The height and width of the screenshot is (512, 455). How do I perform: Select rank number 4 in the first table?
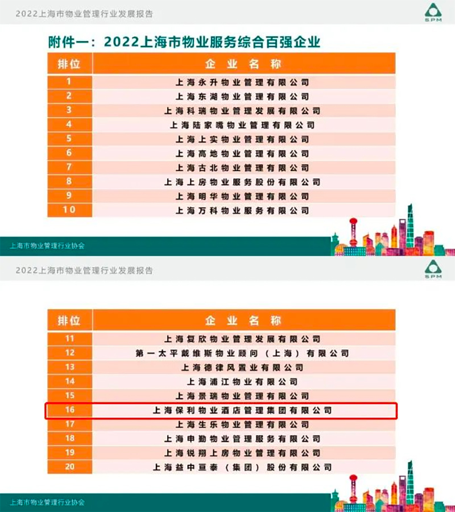[x=69, y=124]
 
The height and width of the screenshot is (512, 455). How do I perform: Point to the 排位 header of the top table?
[x=69, y=64]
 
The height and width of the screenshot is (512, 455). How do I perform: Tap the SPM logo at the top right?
[x=433, y=14]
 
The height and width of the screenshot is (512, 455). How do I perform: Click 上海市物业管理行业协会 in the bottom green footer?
[x=47, y=502]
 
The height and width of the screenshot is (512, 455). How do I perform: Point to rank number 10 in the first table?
[x=69, y=210]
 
